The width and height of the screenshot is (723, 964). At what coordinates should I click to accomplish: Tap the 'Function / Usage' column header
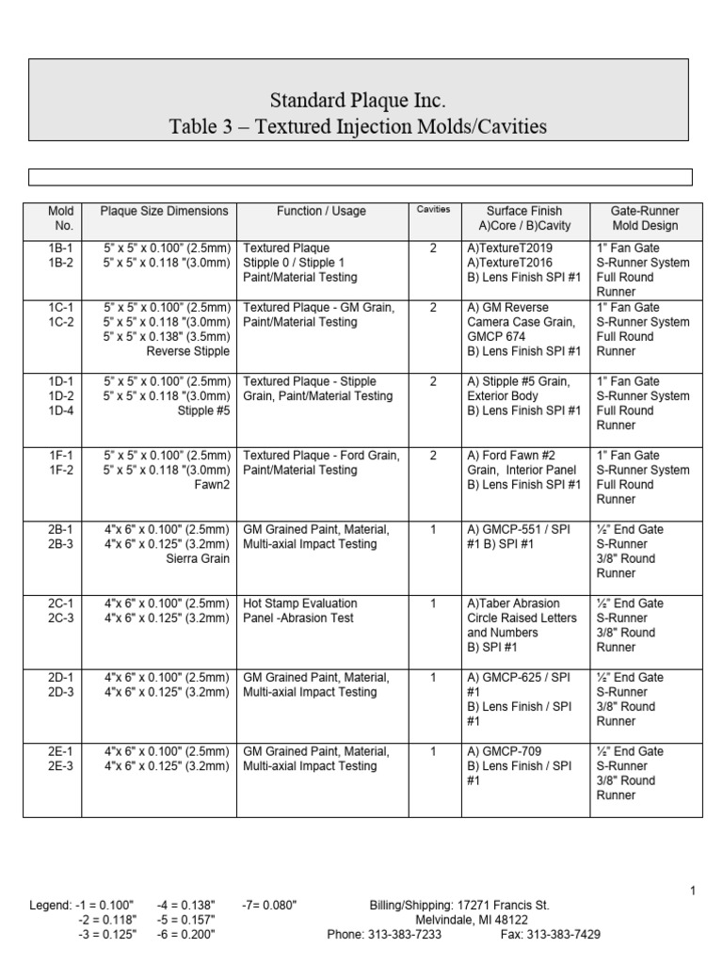(x=321, y=212)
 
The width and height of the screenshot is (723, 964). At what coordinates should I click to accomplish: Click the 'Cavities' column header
(x=433, y=210)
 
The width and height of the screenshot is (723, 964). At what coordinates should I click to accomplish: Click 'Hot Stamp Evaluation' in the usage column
(x=300, y=603)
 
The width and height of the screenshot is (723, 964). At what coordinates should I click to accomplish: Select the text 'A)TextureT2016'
(x=509, y=264)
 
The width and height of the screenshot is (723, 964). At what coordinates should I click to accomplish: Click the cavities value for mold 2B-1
(x=433, y=530)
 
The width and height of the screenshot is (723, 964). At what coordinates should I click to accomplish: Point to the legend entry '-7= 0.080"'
(x=269, y=906)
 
